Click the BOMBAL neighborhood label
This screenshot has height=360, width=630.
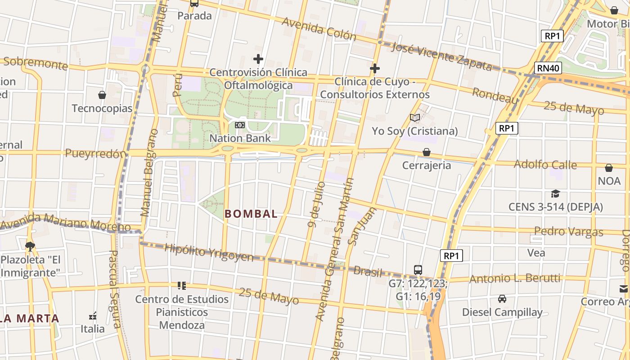coord(251,214)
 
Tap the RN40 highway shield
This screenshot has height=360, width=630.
coord(548,68)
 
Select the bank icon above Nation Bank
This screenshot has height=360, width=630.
coord(240,125)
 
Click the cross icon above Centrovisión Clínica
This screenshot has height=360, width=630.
coord(258,59)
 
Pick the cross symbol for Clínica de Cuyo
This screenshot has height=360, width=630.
coord(375,68)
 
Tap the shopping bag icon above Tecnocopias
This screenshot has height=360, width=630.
coord(102,95)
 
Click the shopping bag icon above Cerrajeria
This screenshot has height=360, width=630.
coord(426,152)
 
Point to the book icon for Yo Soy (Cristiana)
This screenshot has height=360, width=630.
coord(415,118)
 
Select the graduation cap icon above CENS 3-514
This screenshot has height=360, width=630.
coord(555,193)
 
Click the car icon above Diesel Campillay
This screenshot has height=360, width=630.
coord(502,298)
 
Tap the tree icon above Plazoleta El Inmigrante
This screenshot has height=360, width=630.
coord(30,246)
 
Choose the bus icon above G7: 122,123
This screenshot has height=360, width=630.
coord(418,270)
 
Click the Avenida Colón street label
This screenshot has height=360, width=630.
coord(319,29)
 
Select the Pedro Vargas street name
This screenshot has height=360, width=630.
coord(568,232)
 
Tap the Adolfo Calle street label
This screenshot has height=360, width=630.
coord(545,164)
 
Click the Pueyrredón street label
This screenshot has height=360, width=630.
coord(95,153)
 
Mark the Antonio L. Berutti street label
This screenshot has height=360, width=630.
coord(515,279)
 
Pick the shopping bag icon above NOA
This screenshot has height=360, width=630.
coord(609,168)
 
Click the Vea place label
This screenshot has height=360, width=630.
coord(536,252)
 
